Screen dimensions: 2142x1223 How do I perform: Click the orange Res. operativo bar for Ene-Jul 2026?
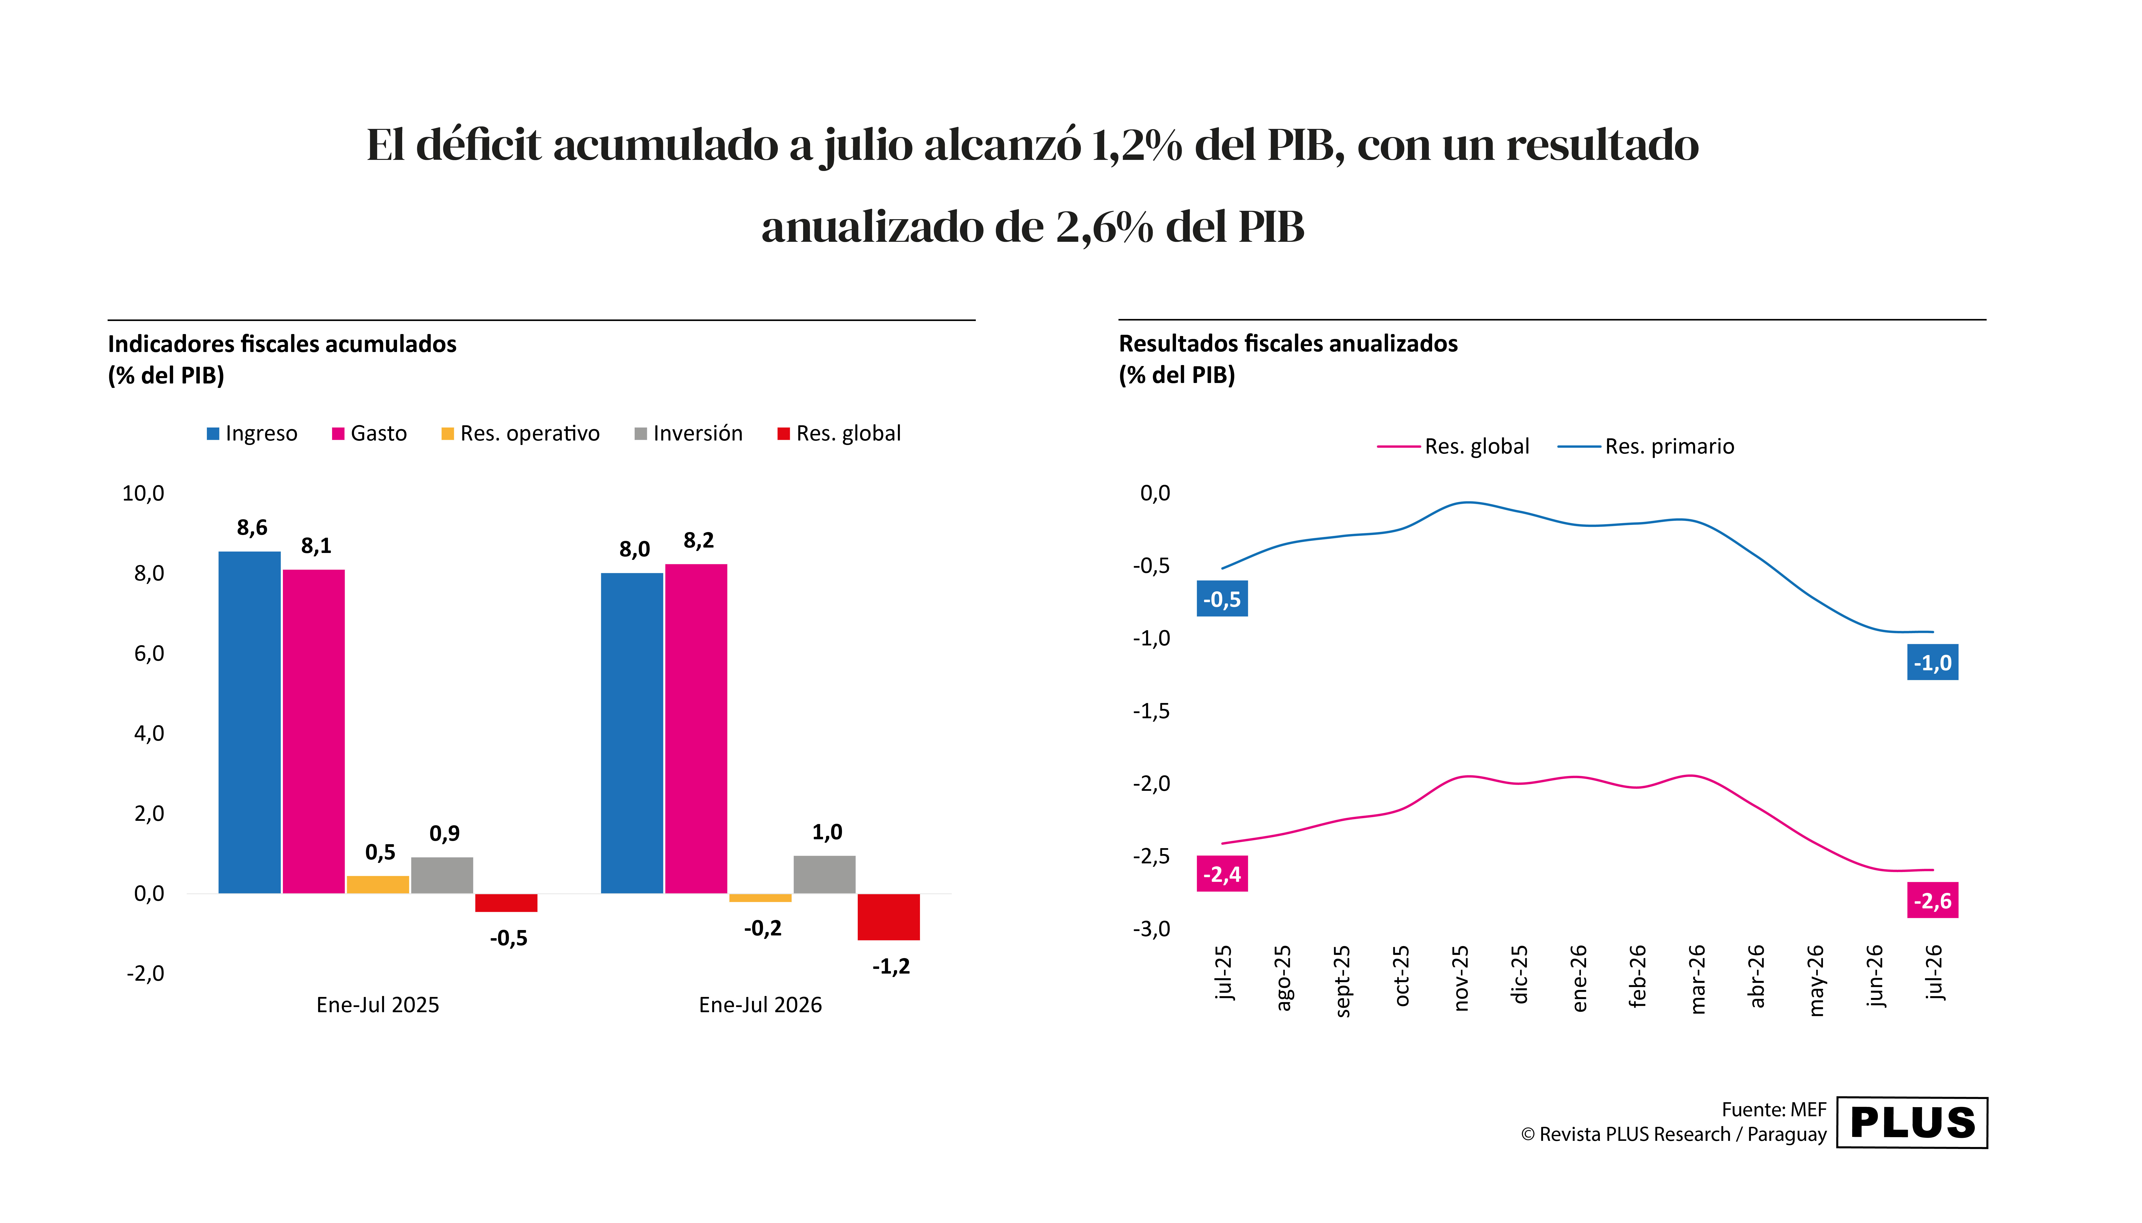(x=760, y=898)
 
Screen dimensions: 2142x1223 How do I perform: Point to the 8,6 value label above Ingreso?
(x=252, y=528)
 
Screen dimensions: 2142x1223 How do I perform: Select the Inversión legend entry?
(x=689, y=433)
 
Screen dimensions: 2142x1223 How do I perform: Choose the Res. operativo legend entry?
(x=521, y=433)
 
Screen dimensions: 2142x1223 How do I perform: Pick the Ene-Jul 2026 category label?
(x=760, y=1005)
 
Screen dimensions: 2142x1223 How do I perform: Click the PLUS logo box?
(x=1912, y=1122)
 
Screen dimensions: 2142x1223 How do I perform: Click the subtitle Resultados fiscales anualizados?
(x=1288, y=344)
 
